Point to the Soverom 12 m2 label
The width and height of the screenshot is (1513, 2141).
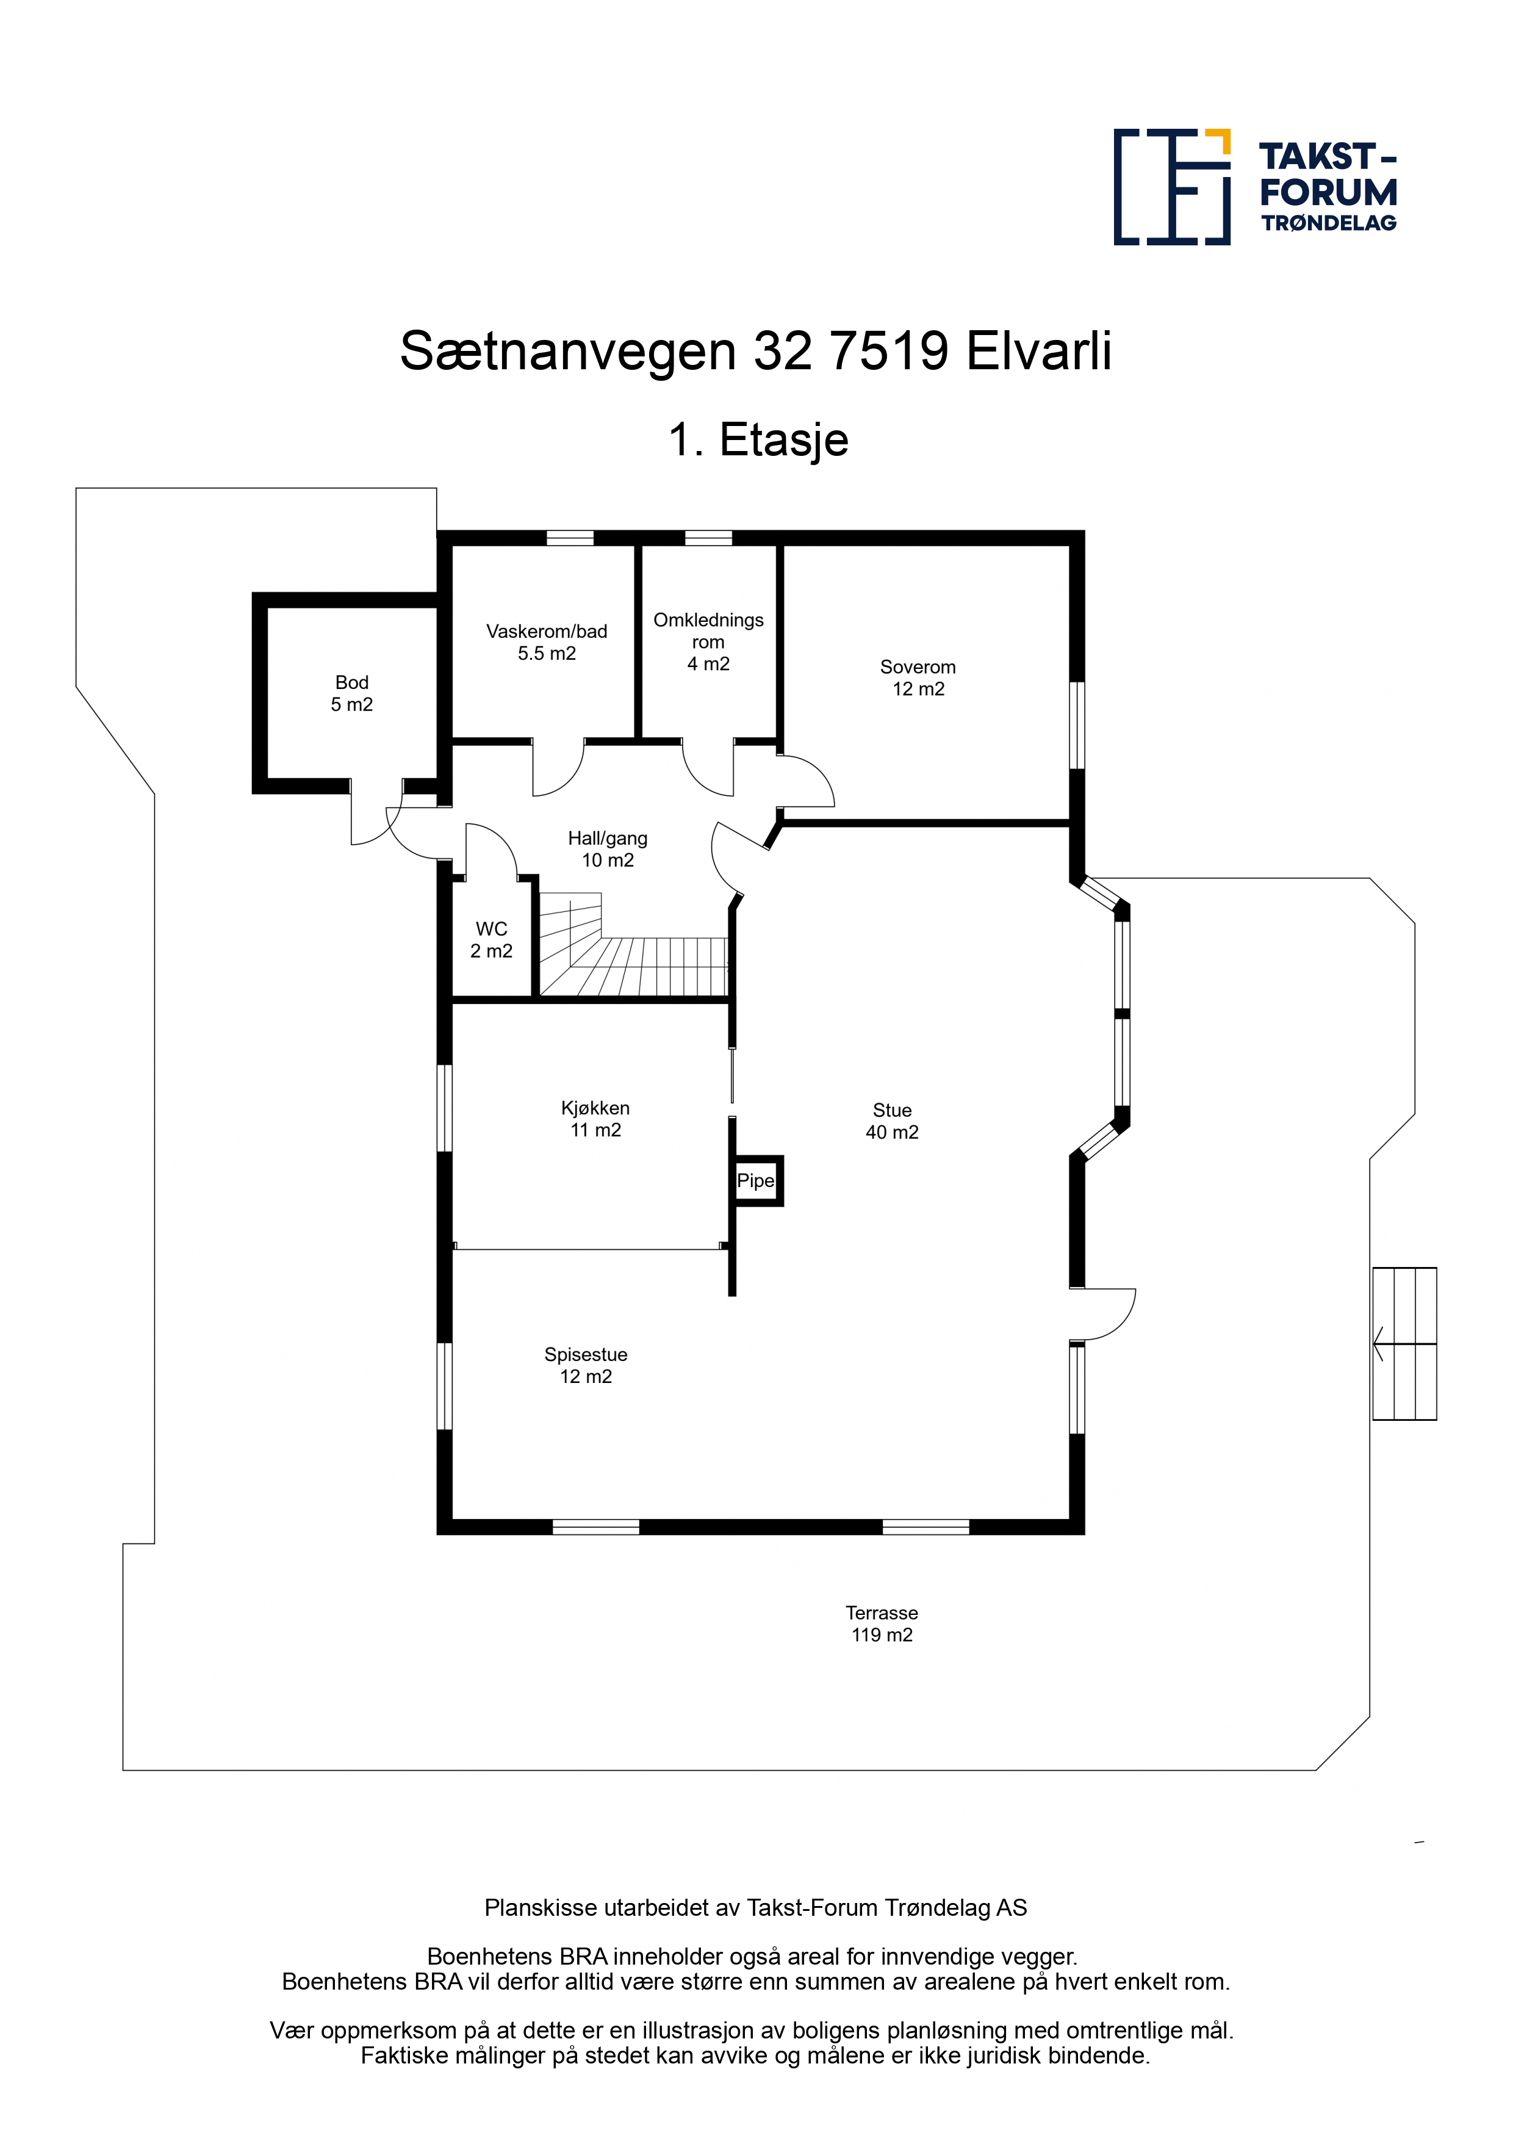[918, 678]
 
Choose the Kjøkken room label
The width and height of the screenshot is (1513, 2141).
[595, 1119]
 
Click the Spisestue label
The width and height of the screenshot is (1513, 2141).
[586, 1365]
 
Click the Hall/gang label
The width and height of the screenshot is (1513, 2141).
[608, 850]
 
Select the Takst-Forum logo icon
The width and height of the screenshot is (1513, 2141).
[1172, 187]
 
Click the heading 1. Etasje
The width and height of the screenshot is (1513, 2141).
[758, 439]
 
